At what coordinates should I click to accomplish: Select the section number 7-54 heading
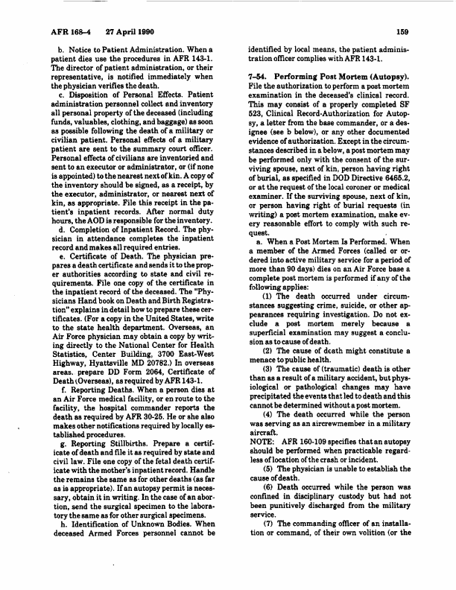pyautogui.click(x=258, y=77)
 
